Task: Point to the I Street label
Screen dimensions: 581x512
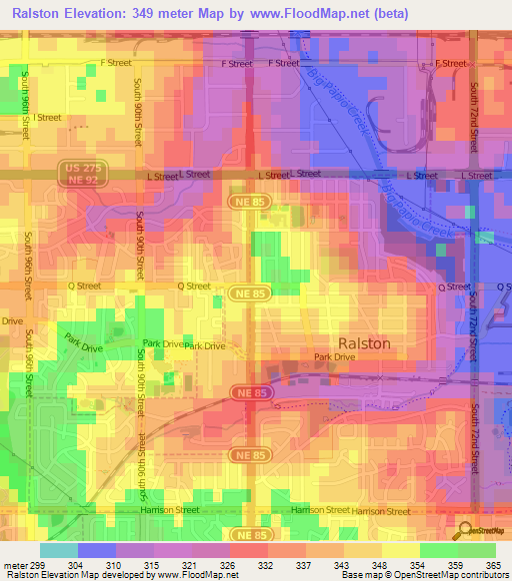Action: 48,117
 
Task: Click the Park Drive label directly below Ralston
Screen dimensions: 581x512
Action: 335,356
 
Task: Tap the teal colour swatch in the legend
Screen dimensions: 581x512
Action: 59,549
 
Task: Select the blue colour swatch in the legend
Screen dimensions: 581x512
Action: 97,549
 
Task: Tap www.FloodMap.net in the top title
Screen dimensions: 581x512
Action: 334,13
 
